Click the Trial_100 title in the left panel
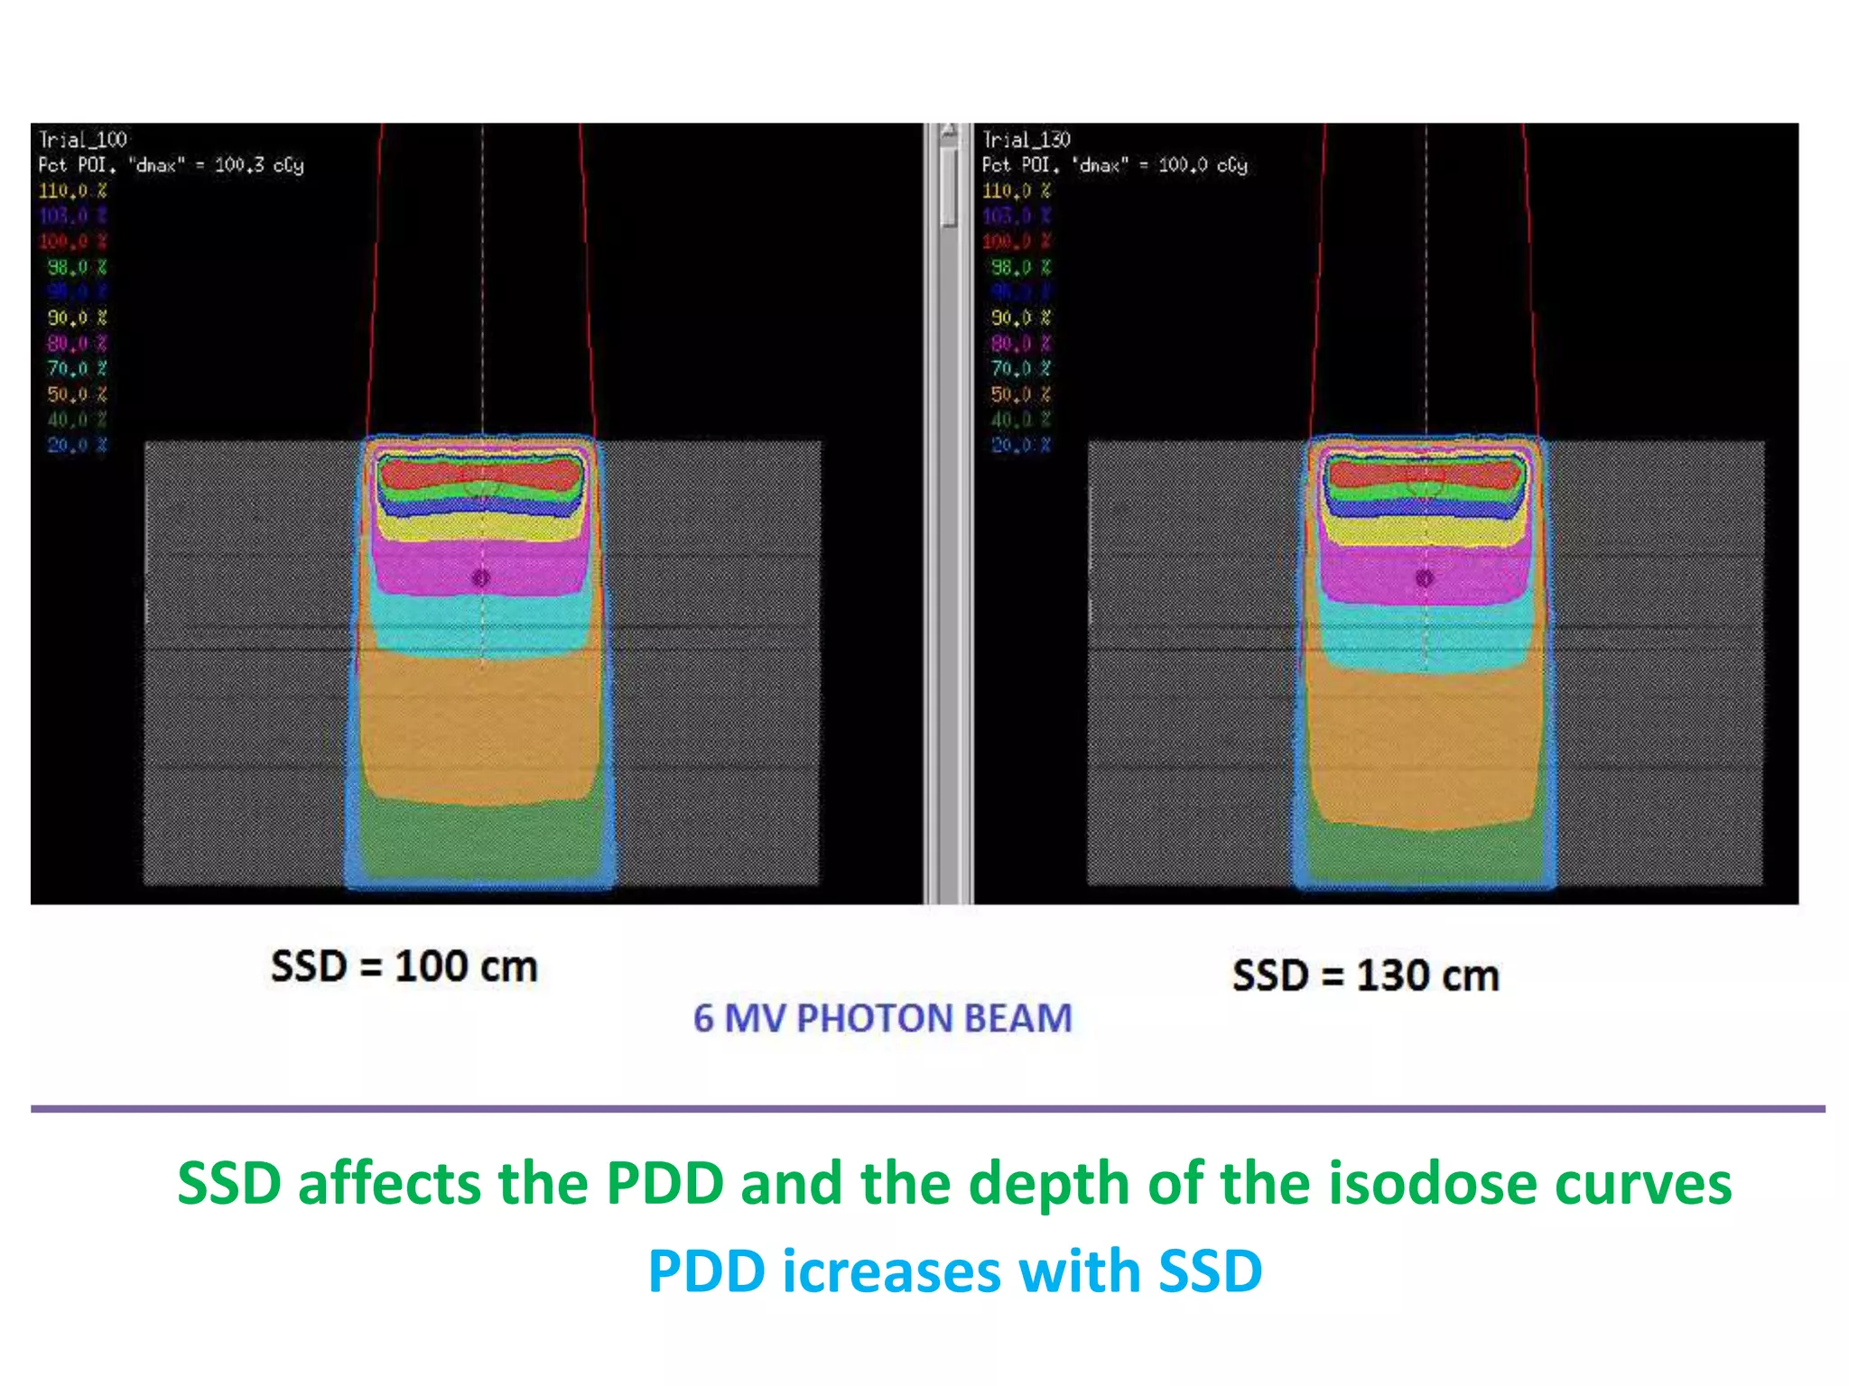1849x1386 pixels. tap(82, 140)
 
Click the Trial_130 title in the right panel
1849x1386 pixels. tap(1026, 140)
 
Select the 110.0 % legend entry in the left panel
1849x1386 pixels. tap(72, 190)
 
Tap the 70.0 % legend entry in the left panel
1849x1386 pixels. tap(77, 368)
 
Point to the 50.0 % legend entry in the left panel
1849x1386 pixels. tap(77, 394)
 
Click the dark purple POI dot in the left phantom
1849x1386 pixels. tap(481, 577)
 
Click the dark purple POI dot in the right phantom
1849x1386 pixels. tap(1425, 578)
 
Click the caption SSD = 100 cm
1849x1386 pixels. tap(404, 966)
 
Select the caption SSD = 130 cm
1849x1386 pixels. tap(1365, 975)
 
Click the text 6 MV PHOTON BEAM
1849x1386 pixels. tap(882, 1018)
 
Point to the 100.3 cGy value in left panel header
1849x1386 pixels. tap(259, 165)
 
